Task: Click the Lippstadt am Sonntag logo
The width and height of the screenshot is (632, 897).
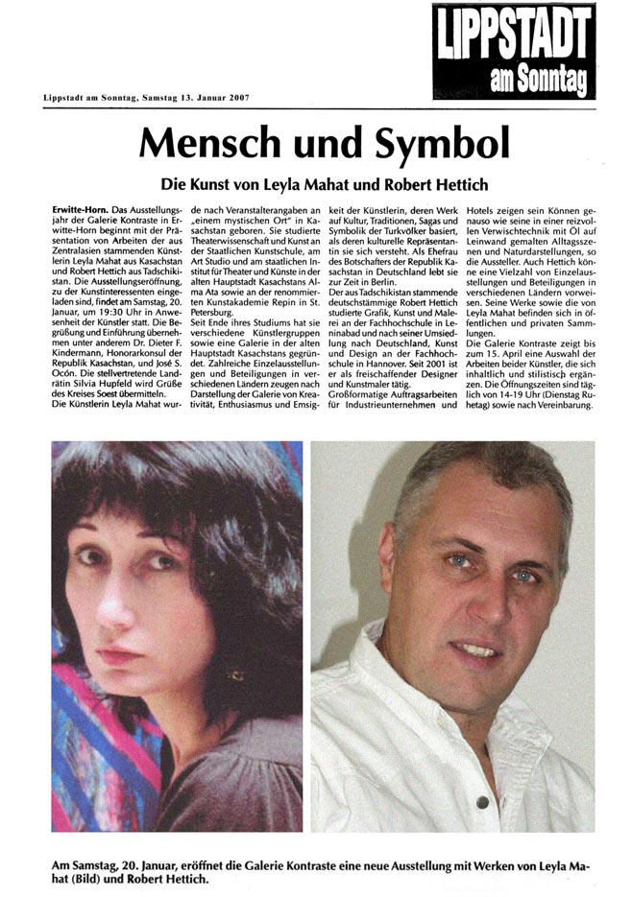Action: pos(513,51)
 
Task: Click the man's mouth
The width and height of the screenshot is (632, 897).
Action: pos(477,649)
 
